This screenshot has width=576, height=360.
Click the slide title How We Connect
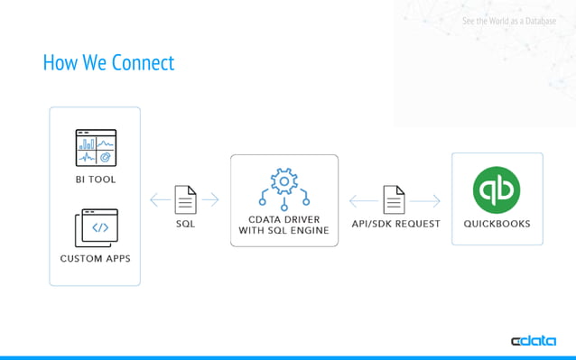[108, 62]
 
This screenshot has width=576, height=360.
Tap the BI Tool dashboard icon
[95, 148]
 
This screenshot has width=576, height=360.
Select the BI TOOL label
[95, 180]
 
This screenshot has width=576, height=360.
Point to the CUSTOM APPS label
[95, 258]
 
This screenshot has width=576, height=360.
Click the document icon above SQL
[185, 198]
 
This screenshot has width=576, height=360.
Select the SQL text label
[185, 224]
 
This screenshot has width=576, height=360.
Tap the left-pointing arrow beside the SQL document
[158, 198]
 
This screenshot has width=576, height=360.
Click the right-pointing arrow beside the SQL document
[210, 198]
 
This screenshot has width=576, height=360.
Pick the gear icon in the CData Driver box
[284, 183]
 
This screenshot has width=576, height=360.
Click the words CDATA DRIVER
[284, 217]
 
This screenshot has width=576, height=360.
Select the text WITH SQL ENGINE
[284, 231]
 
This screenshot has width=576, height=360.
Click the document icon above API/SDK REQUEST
[395, 198]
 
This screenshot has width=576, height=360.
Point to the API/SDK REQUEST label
[395, 224]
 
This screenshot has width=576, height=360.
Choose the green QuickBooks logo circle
[497, 190]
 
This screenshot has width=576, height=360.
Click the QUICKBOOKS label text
[497, 224]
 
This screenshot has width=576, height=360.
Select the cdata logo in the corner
[535, 341]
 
